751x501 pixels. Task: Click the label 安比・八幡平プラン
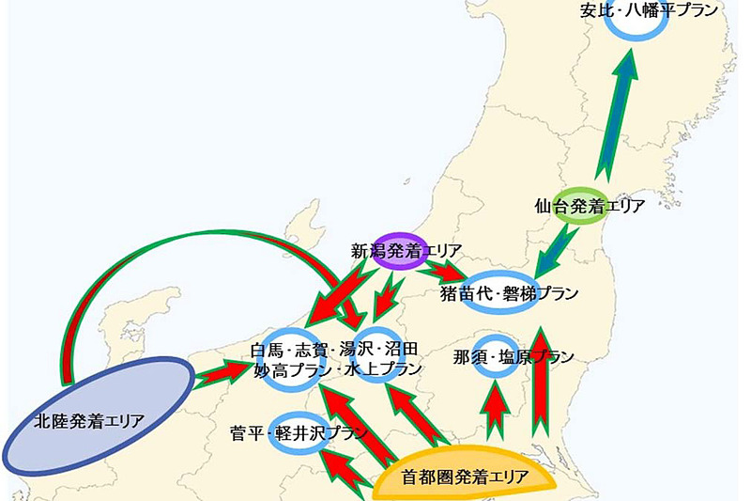pos(648,10)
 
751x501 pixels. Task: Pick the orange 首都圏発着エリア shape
pos(465,475)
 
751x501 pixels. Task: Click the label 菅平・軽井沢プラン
pos(298,433)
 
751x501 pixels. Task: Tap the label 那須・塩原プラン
pos(512,357)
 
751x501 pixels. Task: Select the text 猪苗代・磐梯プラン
pos(509,292)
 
